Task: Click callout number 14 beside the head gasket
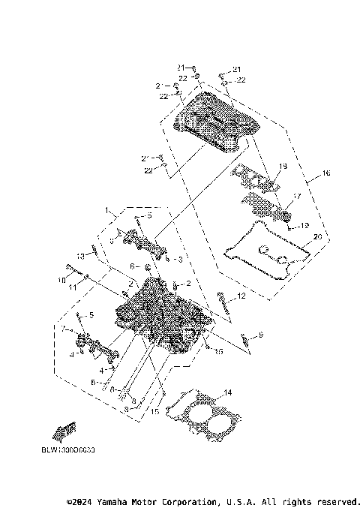[228, 392]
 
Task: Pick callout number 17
[297, 197]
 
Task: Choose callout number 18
[283, 166]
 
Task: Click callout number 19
[304, 225]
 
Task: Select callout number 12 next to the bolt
[241, 297]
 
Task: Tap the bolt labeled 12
[223, 303]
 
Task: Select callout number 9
[261, 334]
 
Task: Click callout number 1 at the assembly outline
[107, 210]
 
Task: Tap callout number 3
[179, 259]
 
